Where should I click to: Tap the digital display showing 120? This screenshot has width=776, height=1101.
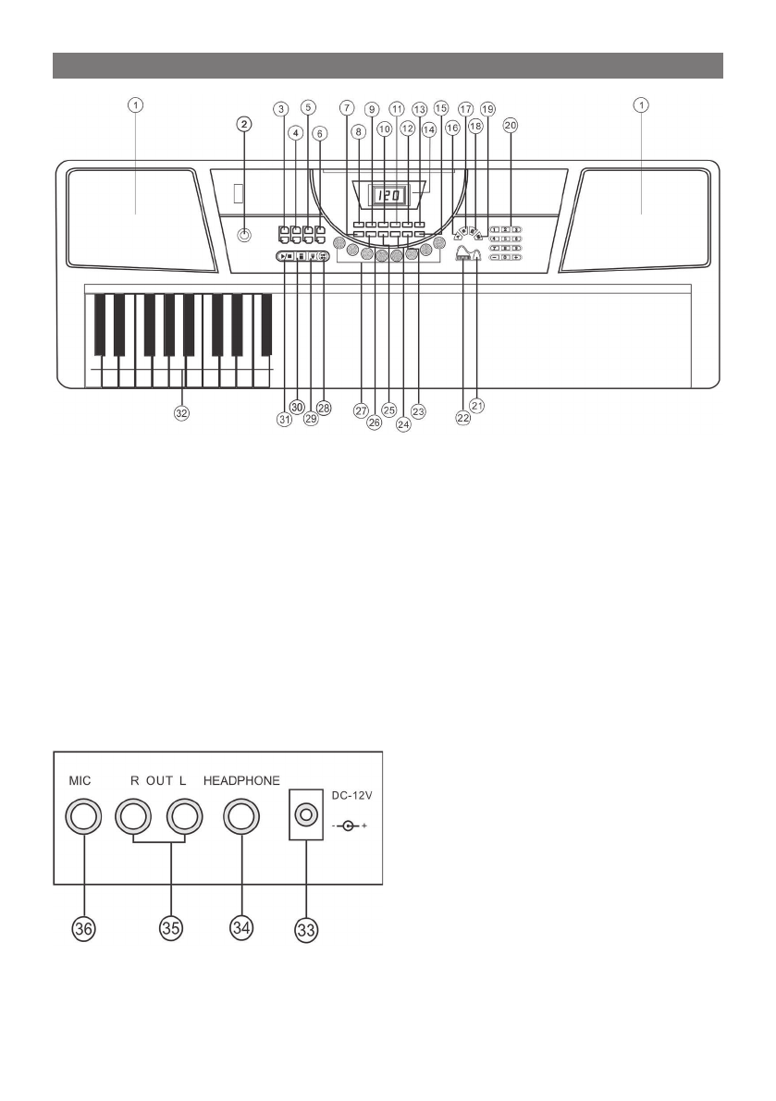pyautogui.click(x=390, y=196)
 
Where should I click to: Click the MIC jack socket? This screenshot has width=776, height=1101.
pyautogui.click(x=84, y=815)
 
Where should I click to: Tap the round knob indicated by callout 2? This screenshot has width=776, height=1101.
pyautogui.click(x=244, y=235)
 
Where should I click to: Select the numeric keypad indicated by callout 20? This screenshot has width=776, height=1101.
pyautogui.click(x=507, y=244)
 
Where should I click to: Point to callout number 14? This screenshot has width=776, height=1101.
pyautogui.click(x=427, y=130)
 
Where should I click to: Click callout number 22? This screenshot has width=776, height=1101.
pyautogui.click(x=462, y=418)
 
